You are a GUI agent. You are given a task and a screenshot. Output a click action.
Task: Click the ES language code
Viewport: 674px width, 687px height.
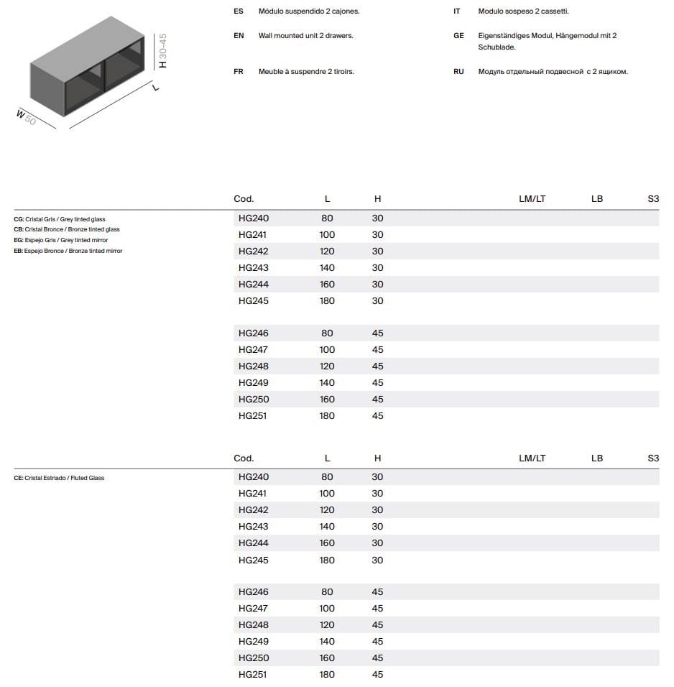239,11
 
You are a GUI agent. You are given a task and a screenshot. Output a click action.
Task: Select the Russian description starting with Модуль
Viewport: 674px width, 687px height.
553,72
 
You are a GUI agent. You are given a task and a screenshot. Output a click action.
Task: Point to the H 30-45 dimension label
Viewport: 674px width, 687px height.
162,50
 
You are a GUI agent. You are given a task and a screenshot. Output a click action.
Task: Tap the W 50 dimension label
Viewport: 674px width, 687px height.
26,117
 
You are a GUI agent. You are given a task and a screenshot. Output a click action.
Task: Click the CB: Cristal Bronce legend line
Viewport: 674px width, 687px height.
67,229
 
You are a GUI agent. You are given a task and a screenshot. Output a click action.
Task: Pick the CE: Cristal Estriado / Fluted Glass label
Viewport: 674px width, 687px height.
59,478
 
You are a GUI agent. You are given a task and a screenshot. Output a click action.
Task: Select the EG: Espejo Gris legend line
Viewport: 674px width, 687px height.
61,240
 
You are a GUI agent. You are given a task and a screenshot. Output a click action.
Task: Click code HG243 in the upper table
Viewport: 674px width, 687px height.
253,268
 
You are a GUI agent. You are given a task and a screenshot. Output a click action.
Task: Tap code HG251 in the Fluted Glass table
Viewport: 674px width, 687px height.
253,675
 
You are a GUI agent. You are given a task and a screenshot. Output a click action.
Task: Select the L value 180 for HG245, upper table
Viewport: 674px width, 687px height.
327,301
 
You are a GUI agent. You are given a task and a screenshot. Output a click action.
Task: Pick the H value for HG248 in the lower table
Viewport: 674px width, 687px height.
377,625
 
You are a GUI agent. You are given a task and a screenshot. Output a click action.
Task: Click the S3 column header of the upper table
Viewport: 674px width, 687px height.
652,199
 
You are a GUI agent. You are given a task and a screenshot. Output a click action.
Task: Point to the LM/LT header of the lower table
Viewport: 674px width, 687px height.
532,458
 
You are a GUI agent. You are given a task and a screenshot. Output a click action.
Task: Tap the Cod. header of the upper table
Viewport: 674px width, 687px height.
244,199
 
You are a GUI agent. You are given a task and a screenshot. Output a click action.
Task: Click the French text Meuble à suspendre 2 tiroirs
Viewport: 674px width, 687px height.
306,72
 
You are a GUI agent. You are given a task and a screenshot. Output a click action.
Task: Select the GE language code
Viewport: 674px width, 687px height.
458,36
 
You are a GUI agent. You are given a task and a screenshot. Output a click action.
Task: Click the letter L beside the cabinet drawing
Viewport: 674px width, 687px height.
155,88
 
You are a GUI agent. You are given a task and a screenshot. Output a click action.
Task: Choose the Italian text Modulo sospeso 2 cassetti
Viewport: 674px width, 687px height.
523,11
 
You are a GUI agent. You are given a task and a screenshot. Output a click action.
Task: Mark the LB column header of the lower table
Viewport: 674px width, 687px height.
597,458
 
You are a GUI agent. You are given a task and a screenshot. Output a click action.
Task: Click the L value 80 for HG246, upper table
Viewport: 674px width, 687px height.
327,333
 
